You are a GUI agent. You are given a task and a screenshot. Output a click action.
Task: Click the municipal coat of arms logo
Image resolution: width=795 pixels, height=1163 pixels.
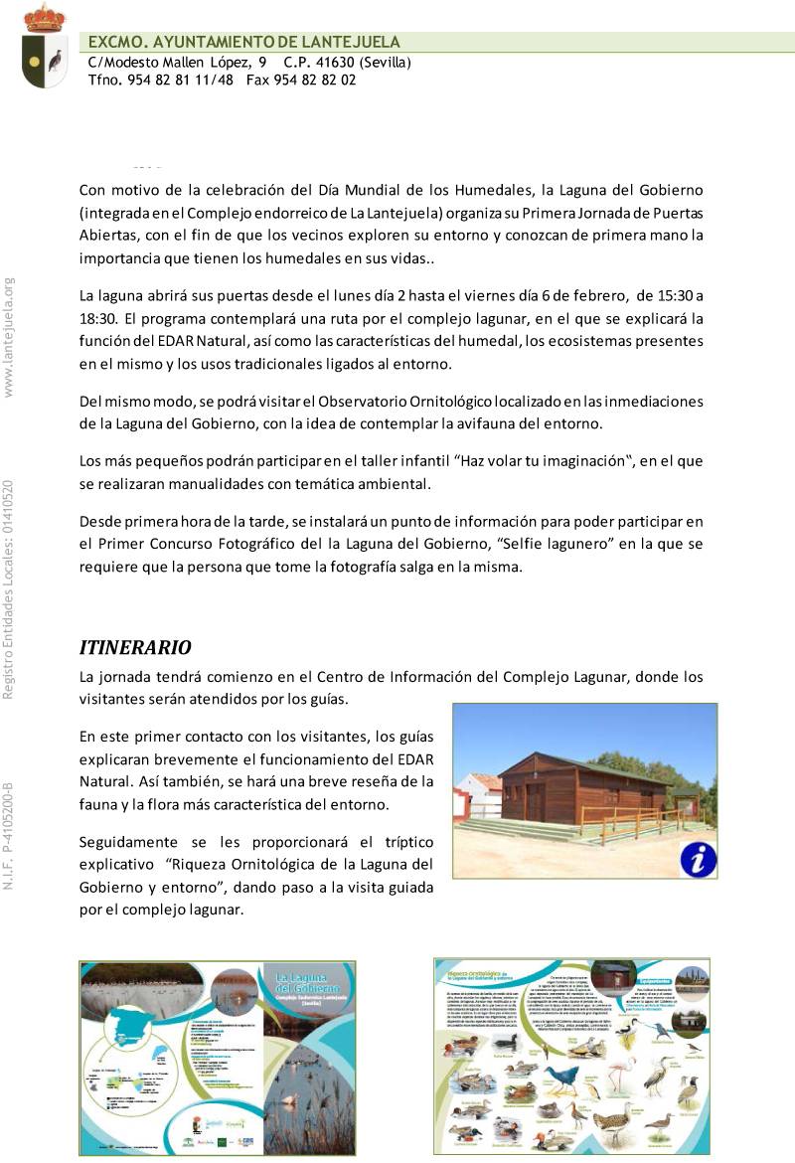click(x=45, y=47)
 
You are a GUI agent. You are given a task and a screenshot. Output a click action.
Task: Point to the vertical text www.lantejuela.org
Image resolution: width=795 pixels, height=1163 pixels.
click(x=9, y=336)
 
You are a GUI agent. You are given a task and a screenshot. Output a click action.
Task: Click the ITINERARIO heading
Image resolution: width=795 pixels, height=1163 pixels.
click(x=135, y=648)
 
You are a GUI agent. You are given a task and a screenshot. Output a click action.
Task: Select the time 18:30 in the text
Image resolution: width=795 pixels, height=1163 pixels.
click(x=99, y=319)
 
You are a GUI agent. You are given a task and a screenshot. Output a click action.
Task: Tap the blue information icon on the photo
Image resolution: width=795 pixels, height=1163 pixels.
click(x=698, y=859)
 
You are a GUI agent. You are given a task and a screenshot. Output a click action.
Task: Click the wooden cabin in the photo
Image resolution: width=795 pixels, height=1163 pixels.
click(x=581, y=790)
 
